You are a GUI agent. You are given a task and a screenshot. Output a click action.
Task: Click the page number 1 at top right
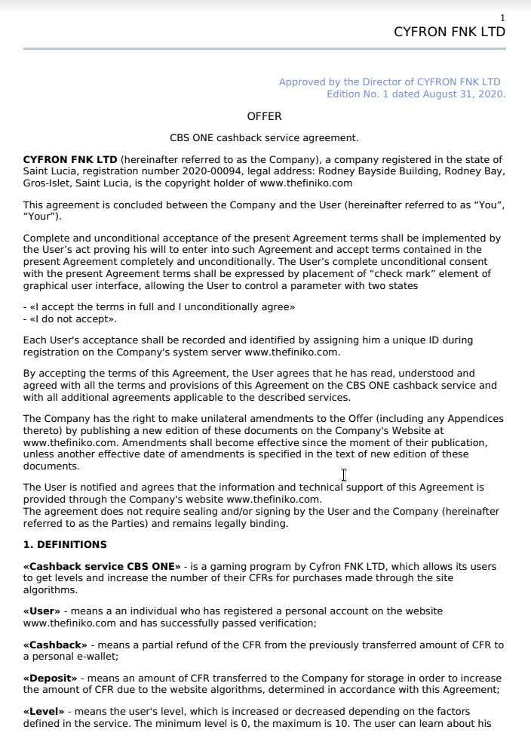point(503,18)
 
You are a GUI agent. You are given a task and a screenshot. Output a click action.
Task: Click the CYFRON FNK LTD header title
point(450,32)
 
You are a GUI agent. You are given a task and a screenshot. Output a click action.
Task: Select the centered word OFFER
point(264,116)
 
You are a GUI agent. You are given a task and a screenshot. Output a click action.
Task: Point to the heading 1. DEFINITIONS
point(65,544)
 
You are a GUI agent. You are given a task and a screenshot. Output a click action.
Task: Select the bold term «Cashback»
point(55,645)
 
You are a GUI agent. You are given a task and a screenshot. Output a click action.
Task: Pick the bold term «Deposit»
point(51,679)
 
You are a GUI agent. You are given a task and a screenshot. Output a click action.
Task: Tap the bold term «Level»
point(45,712)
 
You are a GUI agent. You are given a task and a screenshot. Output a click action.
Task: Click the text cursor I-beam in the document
point(344,475)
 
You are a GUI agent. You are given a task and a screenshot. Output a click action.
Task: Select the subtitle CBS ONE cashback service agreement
point(264,138)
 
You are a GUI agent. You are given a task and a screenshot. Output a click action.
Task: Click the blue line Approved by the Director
point(389,82)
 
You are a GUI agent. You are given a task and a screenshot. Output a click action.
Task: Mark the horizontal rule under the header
point(264,49)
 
